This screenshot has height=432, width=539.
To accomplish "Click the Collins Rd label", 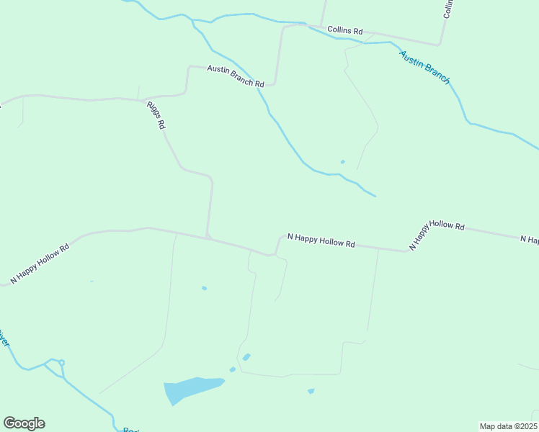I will tap(344, 31).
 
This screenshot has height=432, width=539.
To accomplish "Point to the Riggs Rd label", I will tap(156, 114).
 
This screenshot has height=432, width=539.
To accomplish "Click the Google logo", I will tap(24, 423).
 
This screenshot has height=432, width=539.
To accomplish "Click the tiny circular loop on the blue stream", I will tap(62, 362).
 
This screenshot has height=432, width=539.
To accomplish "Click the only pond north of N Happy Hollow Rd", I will tap(342, 161).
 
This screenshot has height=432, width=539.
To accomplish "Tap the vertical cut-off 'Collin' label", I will tap(448, 9).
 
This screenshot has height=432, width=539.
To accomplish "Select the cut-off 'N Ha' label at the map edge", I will tap(530, 238).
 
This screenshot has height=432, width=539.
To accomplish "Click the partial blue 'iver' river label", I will tap(4, 338).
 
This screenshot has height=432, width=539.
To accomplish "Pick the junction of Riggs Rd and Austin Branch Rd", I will tap(141, 99).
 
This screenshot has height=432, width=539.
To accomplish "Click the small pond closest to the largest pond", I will tap(232, 370).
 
